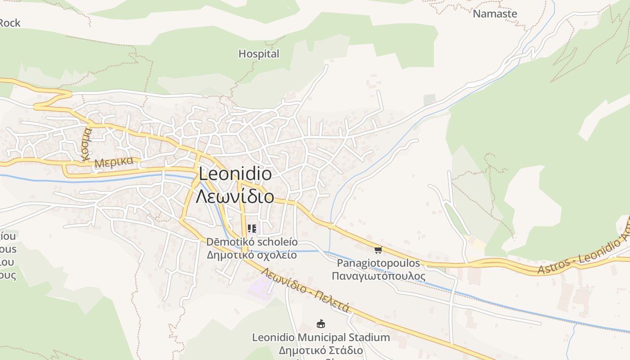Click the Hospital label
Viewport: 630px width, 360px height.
click(x=259, y=54)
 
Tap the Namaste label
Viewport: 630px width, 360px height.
click(x=495, y=13)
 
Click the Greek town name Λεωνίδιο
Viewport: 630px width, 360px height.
click(x=235, y=196)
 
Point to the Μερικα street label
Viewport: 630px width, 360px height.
click(x=114, y=162)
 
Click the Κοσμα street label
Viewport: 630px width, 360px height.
click(x=86, y=144)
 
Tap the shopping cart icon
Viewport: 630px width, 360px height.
click(x=378, y=250)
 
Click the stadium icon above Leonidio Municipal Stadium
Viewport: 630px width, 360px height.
click(x=320, y=324)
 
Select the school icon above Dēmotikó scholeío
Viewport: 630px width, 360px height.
click(x=252, y=229)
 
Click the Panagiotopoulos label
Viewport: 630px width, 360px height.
click(x=378, y=263)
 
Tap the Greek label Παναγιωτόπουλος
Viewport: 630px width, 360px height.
click(x=378, y=275)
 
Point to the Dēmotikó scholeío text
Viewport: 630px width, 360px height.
click(x=252, y=242)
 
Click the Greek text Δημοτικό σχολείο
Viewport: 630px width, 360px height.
click(x=252, y=255)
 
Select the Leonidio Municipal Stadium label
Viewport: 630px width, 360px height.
click(x=321, y=337)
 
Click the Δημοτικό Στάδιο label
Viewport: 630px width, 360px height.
click(x=321, y=350)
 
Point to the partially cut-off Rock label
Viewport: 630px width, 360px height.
click(x=9, y=22)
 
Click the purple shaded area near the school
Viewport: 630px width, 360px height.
click(x=260, y=287)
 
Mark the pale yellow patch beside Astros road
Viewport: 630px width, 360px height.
click(x=477, y=245)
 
